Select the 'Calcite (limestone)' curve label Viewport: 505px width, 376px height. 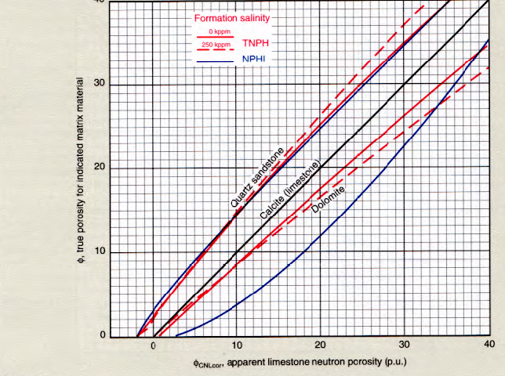290,192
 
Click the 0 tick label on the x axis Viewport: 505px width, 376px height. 154,345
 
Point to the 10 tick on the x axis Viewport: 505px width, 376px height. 237,345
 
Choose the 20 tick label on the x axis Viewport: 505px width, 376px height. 320,345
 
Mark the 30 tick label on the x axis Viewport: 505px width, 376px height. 404,345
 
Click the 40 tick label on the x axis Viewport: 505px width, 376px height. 487,345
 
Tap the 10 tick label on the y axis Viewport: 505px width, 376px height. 98,252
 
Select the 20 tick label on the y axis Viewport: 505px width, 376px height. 98,168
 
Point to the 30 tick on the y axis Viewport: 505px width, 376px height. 98,85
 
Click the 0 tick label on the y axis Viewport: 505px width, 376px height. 101,336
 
